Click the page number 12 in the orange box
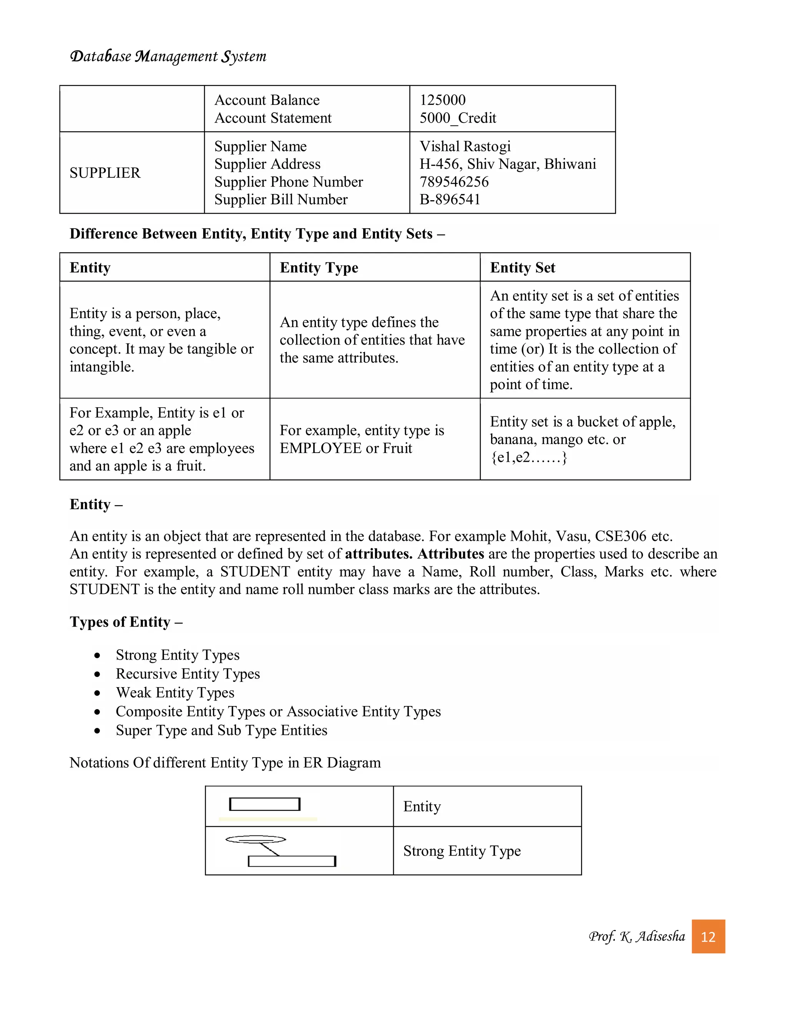pyautogui.click(x=708, y=937)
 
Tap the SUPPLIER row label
pyautogui.click(x=105, y=173)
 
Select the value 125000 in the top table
pyautogui.click(x=442, y=100)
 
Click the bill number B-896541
pyautogui.click(x=450, y=199)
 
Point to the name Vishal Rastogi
pyautogui.click(x=465, y=146)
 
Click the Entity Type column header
pyautogui.click(x=319, y=267)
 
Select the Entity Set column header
pyautogui.click(x=522, y=267)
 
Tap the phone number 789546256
pyautogui.click(x=454, y=182)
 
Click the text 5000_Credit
pyautogui.click(x=458, y=118)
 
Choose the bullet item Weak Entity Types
pyautogui.click(x=175, y=693)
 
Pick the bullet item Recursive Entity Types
pyautogui.click(x=188, y=674)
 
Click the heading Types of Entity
pyautogui.click(x=126, y=622)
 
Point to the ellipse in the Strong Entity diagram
pyautogui.click(x=256, y=839)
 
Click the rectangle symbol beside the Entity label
pyautogui.click(x=265, y=804)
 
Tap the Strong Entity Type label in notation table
pyautogui.click(x=462, y=851)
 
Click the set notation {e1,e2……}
pyautogui.click(x=529, y=457)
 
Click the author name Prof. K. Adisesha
pyautogui.click(x=637, y=937)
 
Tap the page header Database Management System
pyautogui.click(x=168, y=56)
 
